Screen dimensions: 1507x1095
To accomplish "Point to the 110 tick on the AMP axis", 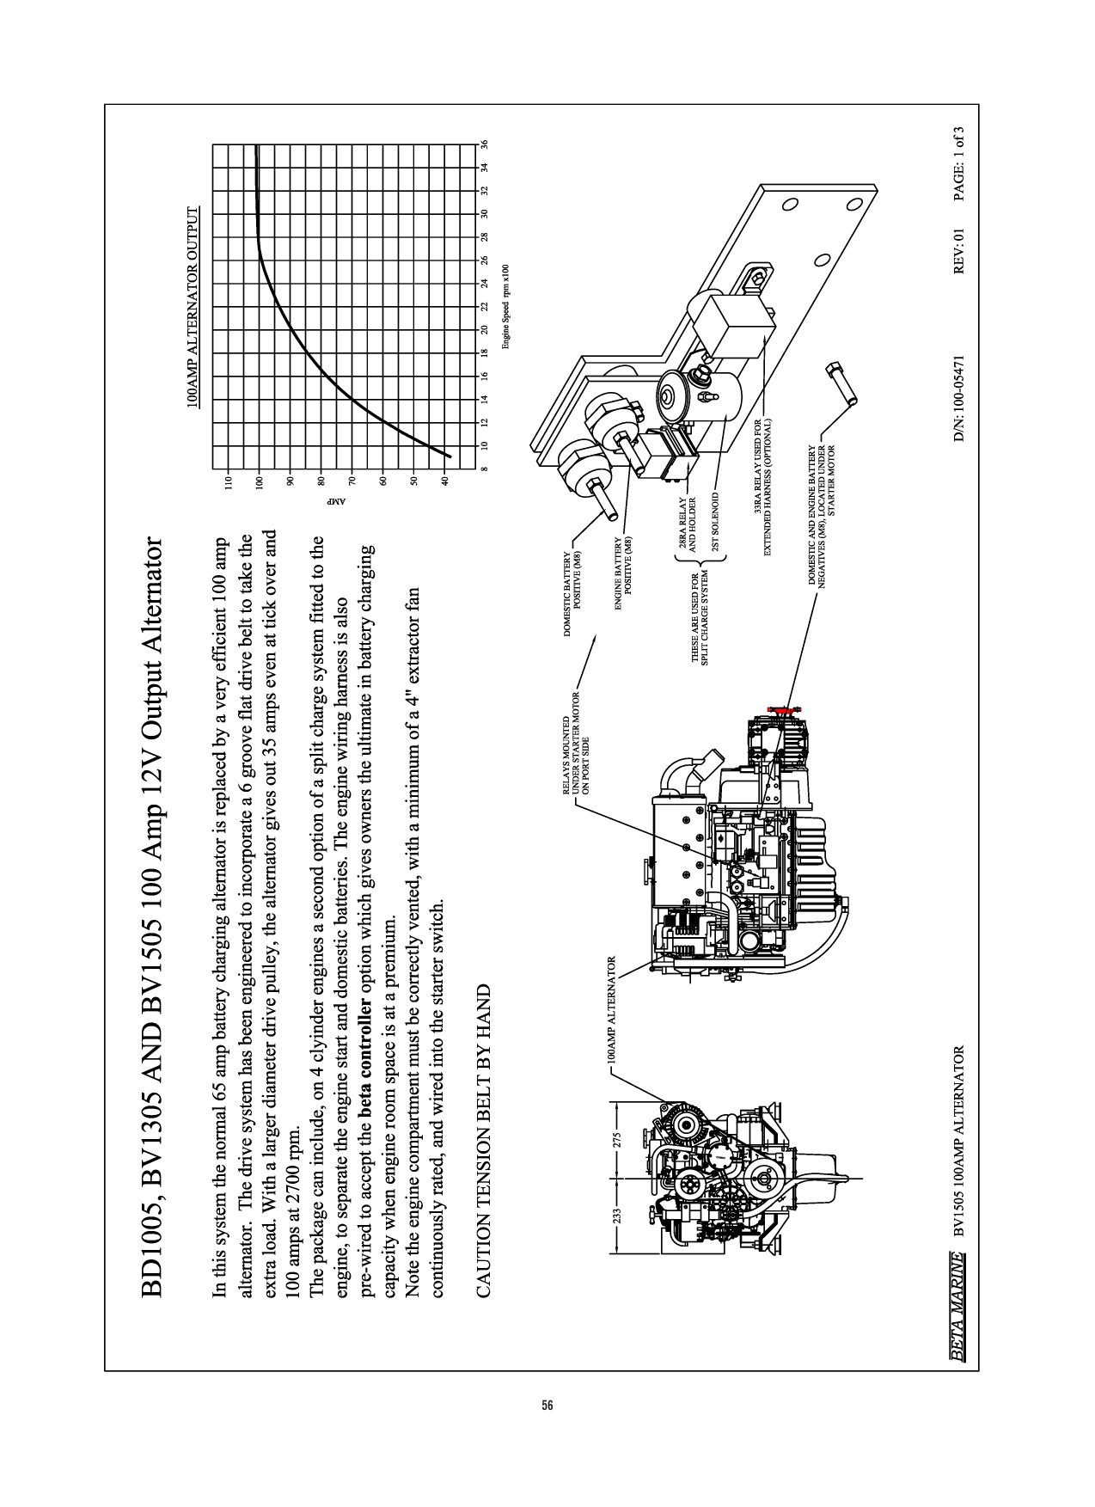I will click(x=229, y=482).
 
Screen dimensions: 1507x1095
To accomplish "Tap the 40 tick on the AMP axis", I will click(x=445, y=482).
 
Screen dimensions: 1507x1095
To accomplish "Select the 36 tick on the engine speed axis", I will click(x=484, y=144).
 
